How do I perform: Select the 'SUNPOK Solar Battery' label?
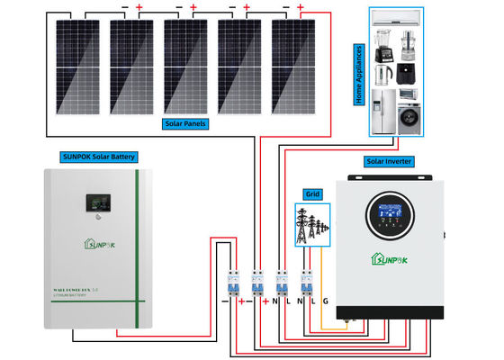click(x=99, y=157)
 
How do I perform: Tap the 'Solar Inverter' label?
click(x=389, y=161)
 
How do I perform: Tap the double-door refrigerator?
click(x=383, y=112)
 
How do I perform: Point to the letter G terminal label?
click(x=326, y=300)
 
